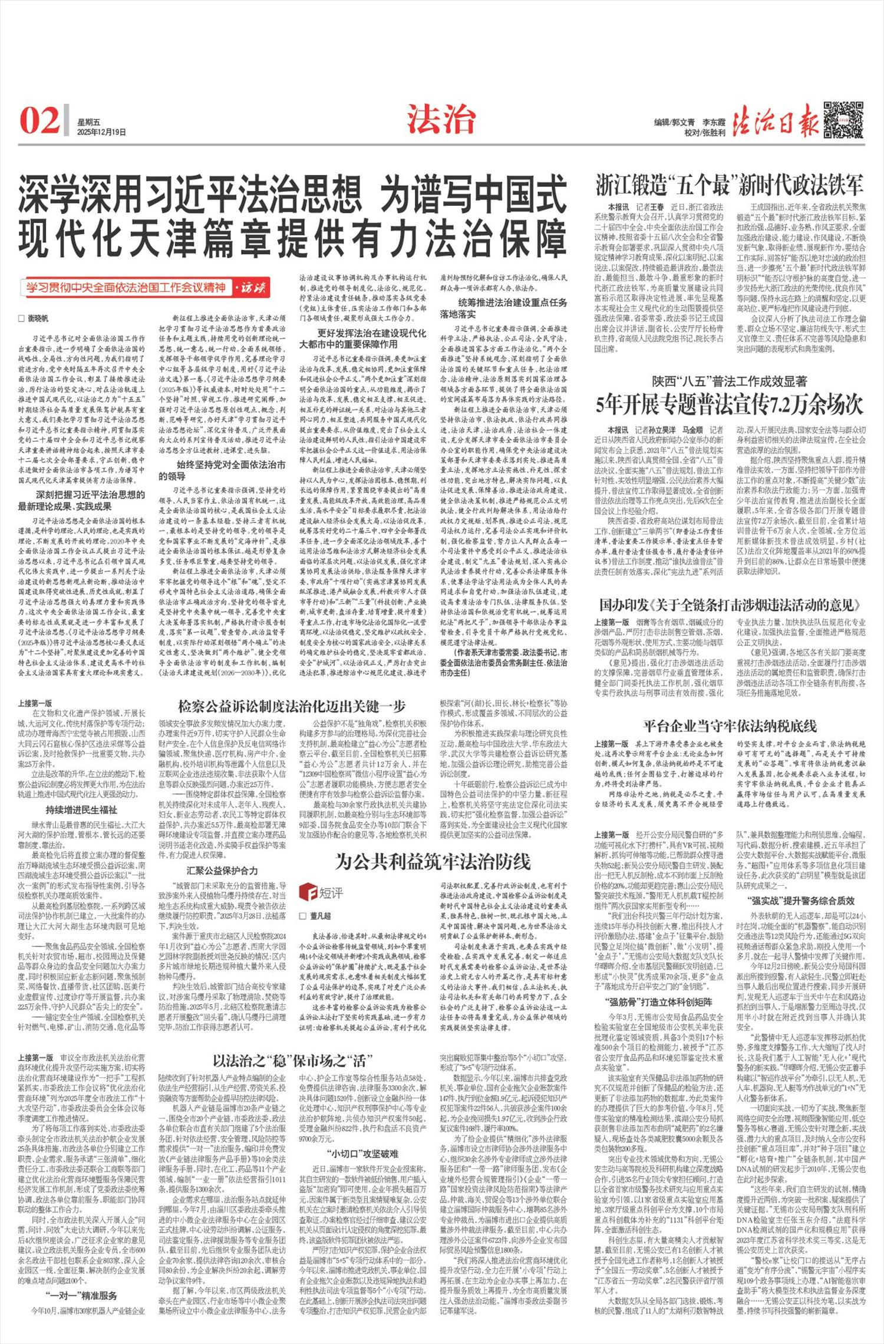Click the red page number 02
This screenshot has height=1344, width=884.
[x=40, y=120]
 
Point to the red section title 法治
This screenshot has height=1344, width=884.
[x=441, y=119]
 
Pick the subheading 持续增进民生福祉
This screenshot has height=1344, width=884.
[x=81, y=810]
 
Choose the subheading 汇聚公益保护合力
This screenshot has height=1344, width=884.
[x=222, y=870]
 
